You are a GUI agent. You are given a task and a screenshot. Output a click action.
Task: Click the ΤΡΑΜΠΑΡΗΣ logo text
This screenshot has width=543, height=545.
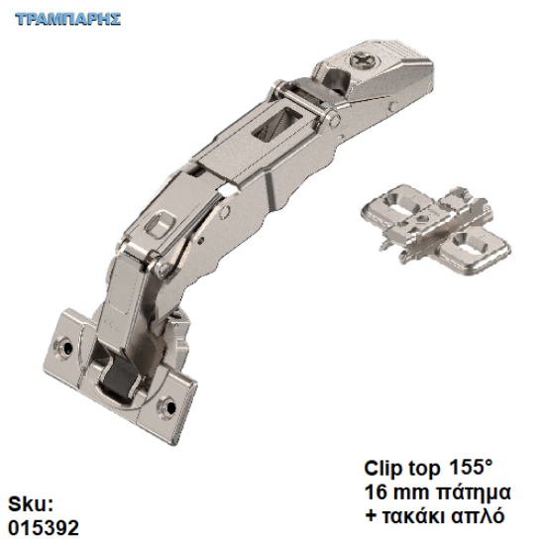pos(68,19)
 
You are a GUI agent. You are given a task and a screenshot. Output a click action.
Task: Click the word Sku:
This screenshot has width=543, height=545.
pos(31,504)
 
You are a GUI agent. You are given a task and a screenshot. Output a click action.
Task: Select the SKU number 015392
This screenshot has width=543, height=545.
pos(44,527)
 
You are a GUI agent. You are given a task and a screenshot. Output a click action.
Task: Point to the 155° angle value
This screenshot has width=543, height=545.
pos(471,467)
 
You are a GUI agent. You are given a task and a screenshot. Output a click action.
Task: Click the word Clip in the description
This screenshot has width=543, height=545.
pos(384,469)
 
